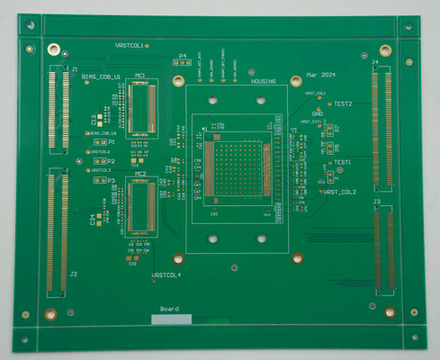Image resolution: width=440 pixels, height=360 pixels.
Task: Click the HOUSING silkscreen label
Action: click(264, 81)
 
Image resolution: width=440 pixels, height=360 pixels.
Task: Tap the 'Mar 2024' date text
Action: click(320, 74)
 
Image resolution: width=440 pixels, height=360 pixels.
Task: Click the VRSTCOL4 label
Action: click(166, 274)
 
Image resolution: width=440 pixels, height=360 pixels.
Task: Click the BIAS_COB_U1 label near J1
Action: click(101, 77)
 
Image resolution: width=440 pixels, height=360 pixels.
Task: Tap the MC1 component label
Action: click(141, 76)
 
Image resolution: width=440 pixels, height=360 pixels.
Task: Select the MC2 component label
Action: click(141, 174)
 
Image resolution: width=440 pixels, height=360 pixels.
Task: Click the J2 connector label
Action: click(73, 274)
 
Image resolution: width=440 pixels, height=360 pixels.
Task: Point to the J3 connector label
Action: click(376, 202)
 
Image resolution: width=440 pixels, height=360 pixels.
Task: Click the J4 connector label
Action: click(376, 61)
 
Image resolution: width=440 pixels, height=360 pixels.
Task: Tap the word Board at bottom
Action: click(170, 309)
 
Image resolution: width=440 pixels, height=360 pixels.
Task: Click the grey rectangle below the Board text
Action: click(172, 319)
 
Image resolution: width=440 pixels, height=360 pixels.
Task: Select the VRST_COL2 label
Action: click(340, 192)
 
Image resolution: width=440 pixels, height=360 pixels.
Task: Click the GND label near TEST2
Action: click(318, 113)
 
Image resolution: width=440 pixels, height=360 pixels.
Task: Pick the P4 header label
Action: click(183, 55)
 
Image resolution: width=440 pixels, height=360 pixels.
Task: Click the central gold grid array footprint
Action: click(238, 172)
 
